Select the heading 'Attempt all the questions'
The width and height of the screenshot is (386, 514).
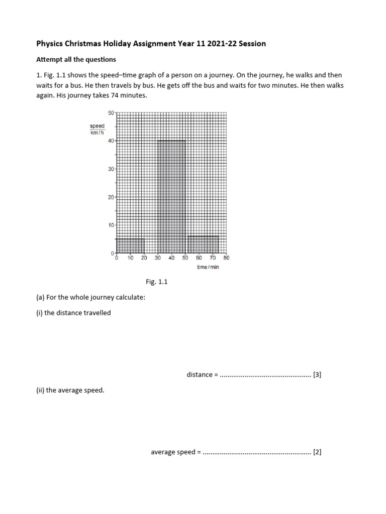(x=76, y=59)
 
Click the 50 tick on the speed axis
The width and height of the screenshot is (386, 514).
(x=111, y=113)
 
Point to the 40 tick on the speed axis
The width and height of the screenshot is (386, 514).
(x=111, y=141)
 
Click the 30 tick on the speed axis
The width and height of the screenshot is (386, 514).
(x=111, y=169)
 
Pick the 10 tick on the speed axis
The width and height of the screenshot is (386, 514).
(x=111, y=225)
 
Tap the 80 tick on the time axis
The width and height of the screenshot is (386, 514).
(x=226, y=258)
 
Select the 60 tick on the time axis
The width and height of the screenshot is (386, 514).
(x=199, y=258)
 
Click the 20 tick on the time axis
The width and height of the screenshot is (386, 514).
(x=144, y=258)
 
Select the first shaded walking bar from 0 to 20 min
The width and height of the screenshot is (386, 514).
(x=130, y=246)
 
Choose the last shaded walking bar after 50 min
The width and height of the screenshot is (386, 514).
(x=203, y=244)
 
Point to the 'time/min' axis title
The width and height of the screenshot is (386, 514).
(x=208, y=267)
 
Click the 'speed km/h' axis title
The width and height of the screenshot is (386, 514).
(x=97, y=129)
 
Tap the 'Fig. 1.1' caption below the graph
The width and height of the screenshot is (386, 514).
(x=156, y=282)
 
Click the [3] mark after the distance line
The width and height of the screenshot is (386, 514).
(x=317, y=374)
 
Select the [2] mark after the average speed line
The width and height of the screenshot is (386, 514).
(x=317, y=452)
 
